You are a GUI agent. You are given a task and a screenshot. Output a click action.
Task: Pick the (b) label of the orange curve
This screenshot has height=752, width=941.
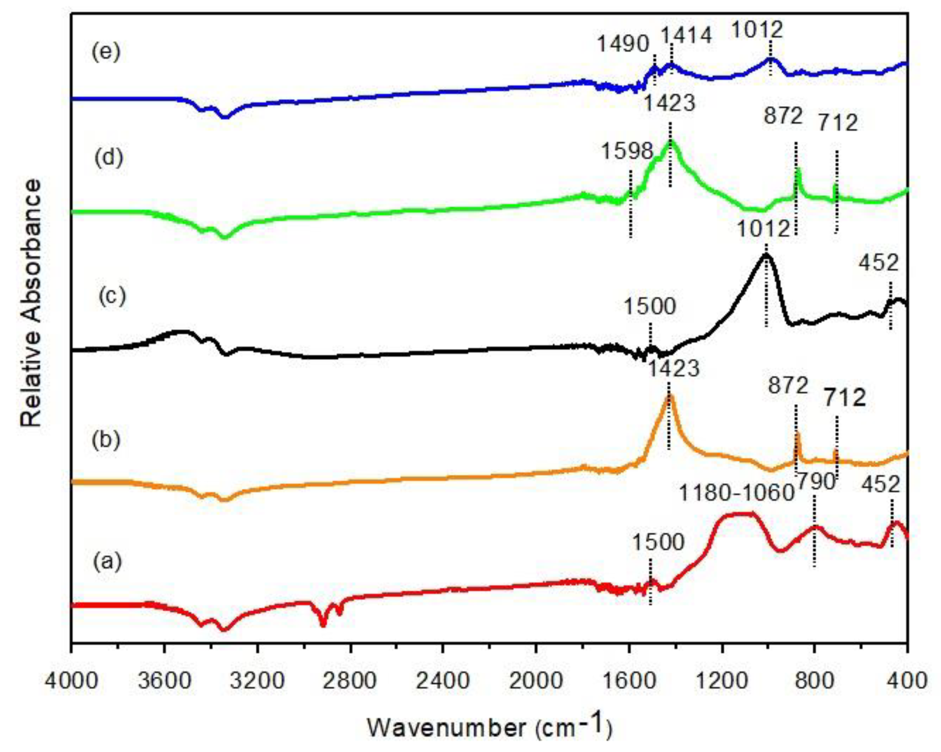coord(106,440)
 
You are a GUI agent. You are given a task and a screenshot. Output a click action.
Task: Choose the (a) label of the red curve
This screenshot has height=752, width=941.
coord(107,562)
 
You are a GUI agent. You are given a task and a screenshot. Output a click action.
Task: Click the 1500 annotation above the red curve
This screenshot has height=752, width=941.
coord(658,543)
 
